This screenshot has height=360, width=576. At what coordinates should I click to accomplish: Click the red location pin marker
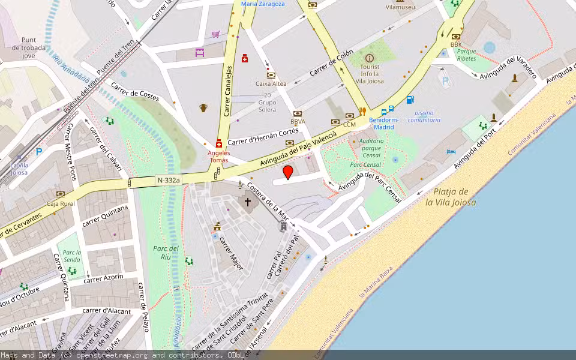288,173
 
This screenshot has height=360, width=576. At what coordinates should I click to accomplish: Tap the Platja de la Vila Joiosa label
451,197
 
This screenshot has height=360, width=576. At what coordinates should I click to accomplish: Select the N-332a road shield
168,180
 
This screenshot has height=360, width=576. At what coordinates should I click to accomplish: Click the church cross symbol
247,202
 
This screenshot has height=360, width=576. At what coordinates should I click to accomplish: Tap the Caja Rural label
61,203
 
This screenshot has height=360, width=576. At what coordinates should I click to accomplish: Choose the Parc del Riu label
166,253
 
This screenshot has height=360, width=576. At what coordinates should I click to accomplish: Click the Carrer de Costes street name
136,94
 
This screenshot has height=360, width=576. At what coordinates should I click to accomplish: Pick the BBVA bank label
298,121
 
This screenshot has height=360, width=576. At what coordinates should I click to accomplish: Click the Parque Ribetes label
466,55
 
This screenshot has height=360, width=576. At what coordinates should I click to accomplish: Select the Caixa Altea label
271,83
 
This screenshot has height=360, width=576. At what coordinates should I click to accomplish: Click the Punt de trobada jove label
25,47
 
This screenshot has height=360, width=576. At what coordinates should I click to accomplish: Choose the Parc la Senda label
72,256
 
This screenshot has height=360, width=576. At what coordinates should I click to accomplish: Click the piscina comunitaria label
424,116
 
